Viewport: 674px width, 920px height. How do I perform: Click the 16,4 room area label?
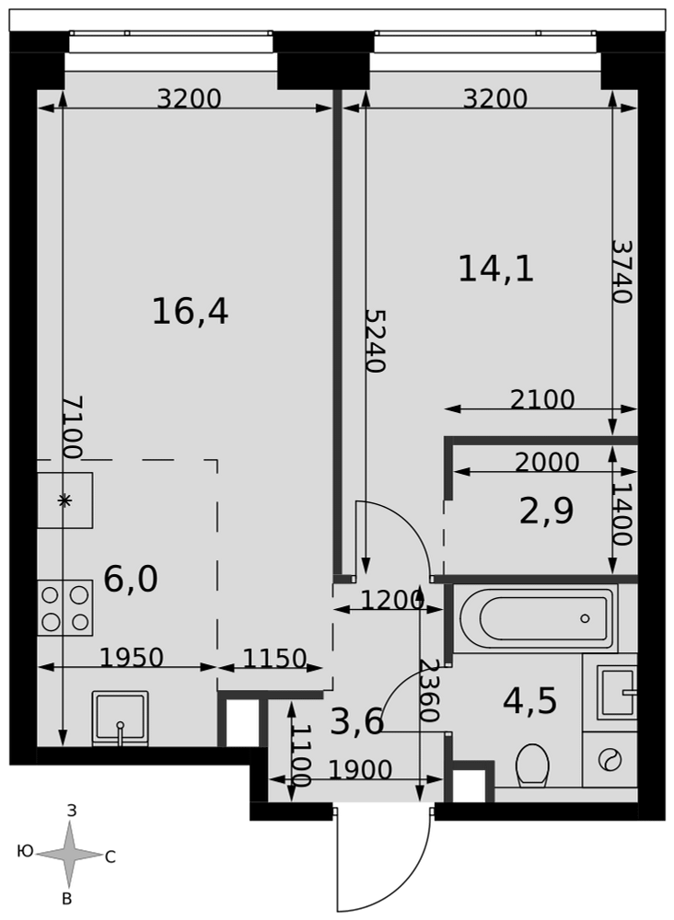(191, 311)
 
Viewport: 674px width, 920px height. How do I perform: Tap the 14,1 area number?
(496, 270)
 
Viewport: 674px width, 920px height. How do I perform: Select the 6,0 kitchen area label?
(131, 580)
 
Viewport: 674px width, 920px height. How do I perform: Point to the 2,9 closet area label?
(547, 511)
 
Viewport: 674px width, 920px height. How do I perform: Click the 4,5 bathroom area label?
(530, 701)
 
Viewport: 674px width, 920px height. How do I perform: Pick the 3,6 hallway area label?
(357, 721)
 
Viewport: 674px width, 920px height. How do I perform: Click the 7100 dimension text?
(73, 427)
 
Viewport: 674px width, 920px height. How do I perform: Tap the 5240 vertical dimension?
(375, 341)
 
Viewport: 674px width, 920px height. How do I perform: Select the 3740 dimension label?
(622, 270)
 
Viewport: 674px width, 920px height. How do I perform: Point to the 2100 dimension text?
(542, 399)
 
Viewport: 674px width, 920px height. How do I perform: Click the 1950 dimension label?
(132, 658)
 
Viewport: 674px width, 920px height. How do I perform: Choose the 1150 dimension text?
(274, 659)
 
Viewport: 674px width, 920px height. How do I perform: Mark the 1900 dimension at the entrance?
(360, 770)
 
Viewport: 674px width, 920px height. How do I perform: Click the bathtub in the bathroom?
(536, 618)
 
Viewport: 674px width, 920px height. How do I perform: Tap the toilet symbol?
(532, 765)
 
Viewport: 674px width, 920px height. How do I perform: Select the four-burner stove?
(65, 607)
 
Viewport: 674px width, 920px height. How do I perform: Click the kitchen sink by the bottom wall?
(121, 719)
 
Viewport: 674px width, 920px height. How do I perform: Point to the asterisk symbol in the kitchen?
(64, 500)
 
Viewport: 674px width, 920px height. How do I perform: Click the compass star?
(70, 855)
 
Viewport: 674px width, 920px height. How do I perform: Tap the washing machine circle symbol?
(610, 760)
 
